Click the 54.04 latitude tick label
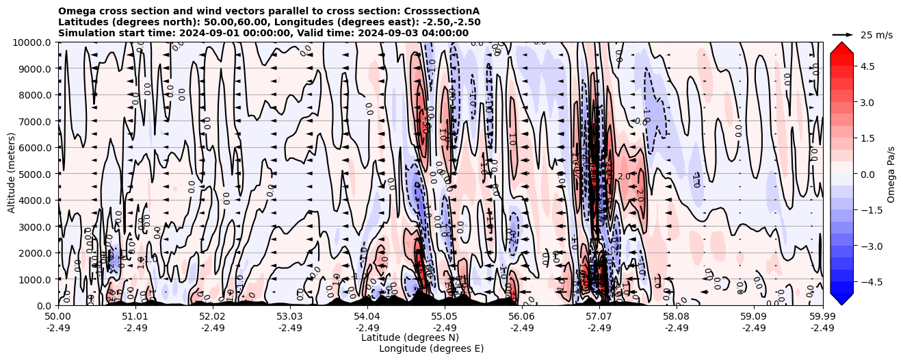tap(367, 317)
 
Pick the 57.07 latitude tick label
tap(599, 317)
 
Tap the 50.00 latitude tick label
tap(58, 317)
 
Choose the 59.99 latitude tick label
tap(822, 317)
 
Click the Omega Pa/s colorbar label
tap(891, 174)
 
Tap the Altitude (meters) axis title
tap(12, 174)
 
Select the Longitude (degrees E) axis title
tap(431, 348)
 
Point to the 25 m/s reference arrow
tap(843, 34)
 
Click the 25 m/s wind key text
tap(876, 35)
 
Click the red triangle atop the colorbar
tap(841, 48)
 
